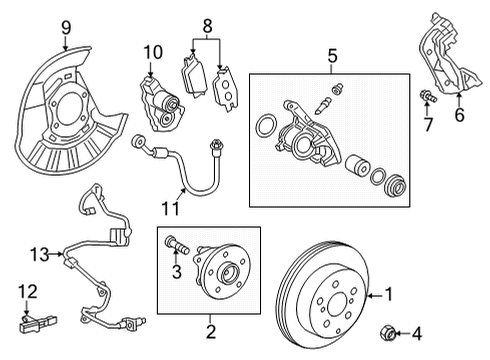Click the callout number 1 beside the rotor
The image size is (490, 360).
390,295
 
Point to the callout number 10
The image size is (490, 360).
152,51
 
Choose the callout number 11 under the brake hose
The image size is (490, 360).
172,208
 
